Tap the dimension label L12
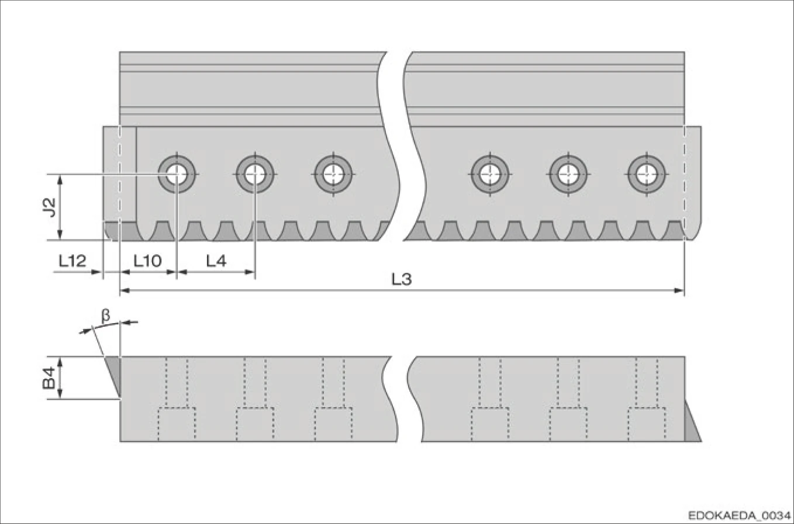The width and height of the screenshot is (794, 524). point(73,261)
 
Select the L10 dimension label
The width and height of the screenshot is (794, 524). point(147,261)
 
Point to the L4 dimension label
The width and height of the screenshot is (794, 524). point(216,261)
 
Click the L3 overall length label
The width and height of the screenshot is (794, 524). point(401,279)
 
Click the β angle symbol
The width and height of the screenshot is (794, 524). point(106,316)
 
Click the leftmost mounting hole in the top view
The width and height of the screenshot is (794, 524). point(176,174)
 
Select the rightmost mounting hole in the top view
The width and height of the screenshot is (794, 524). point(646,174)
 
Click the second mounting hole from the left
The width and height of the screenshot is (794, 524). point(255,174)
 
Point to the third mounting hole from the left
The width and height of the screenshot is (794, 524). point(333,174)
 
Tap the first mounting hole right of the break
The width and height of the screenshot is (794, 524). point(490,174)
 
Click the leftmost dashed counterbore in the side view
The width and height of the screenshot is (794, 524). point(177,424)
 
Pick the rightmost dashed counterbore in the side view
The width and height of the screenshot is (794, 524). point(646,424)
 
